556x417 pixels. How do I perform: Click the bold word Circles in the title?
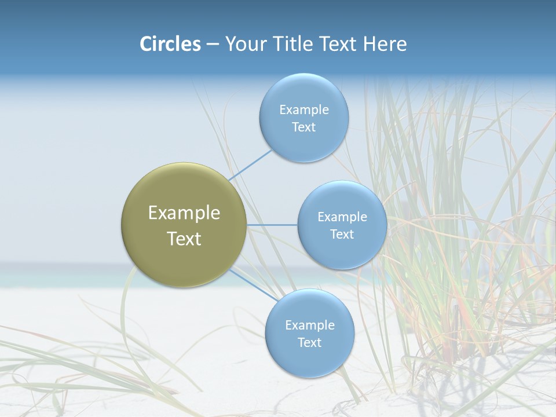pyautogui.click(x=170, y=44)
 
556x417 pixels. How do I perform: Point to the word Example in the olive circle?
pyautogui.click(x=184, y=213)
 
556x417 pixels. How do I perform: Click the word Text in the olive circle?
pyautogui.click(x=184, y=239)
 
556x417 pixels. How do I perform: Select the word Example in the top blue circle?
pyautogui.click(x=304, y=110)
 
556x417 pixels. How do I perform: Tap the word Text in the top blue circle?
pyautogui.click(x=304, y=127)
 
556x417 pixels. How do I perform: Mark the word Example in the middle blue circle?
pyautogui.click(x=342, y=217)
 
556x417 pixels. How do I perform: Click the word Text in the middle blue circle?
pyautogui.click(x=342, y=235)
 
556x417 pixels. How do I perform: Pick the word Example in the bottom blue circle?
pyautogui.click(x=310, y=325)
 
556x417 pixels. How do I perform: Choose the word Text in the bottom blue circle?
pyautogui.click(x=310, y=343)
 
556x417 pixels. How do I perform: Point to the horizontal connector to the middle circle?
pyautogui.click(x=272, y=225)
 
